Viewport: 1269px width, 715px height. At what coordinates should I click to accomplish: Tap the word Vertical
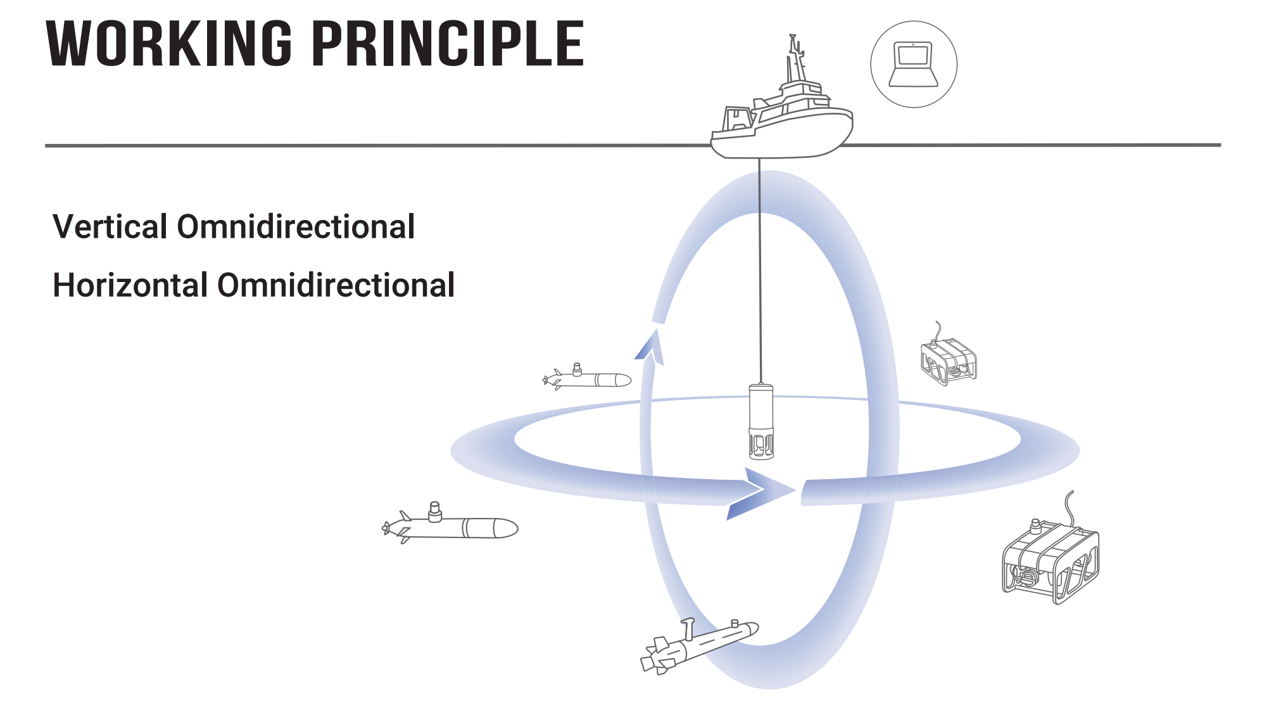[x=110, y=227]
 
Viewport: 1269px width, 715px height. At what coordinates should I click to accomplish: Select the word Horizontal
[x=130, y=285]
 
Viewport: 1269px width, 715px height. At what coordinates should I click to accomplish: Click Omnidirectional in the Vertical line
[x=296, y=227]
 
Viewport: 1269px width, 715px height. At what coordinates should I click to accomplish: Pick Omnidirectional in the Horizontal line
[x=336, y=285]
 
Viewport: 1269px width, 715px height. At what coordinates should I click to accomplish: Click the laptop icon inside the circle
[x=913, y=63]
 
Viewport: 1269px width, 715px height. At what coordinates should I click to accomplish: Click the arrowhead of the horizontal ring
[x=763, y=492]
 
